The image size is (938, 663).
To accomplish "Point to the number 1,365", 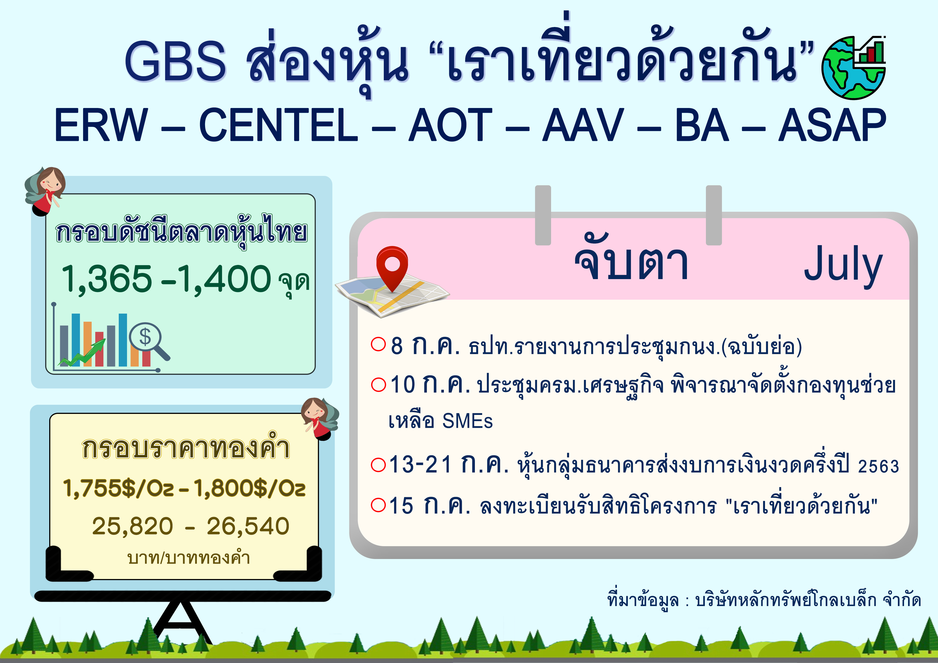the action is [107, 279].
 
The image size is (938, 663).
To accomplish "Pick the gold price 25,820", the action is [133, 526].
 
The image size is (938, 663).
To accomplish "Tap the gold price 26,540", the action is [248, 526].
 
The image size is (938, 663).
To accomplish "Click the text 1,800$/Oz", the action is [249, 488].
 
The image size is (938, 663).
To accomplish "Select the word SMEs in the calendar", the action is [467, 421].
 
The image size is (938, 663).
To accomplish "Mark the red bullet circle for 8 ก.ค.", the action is [378, 344].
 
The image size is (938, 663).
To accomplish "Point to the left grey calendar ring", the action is [543, 215].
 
